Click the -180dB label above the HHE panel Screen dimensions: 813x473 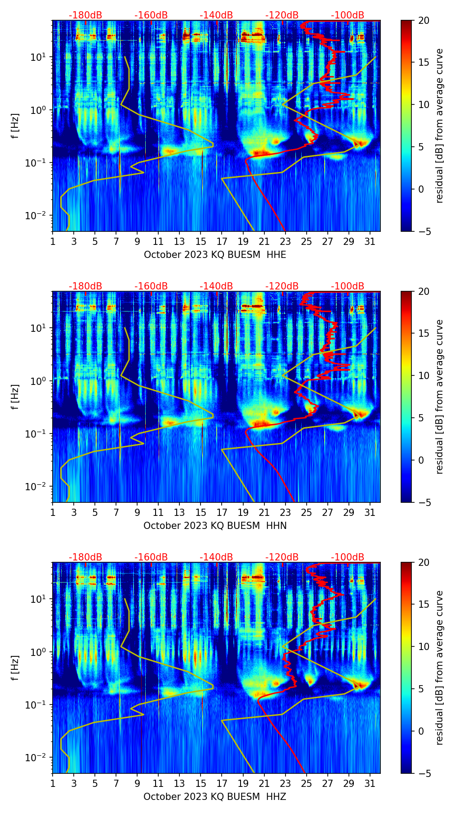click(85, 15)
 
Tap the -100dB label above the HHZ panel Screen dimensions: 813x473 click(348, 557)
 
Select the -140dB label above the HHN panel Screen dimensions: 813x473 click(216, 286)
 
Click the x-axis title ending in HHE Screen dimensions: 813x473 click(215, 255)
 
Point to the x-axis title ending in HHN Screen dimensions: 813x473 click(215, 526)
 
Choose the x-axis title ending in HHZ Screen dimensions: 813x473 click(215, 797)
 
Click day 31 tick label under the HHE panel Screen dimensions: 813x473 click(370, 242)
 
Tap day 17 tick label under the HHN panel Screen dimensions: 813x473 click(222, 513)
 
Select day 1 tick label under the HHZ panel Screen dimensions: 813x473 click(53, 784)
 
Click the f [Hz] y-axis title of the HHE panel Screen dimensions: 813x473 click(15, 126)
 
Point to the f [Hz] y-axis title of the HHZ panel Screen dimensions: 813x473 click(15, 668)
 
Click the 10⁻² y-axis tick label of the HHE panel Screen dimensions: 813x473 click(36, 216)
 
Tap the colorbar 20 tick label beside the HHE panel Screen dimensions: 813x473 click(424, 21)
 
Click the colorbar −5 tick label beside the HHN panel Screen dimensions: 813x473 click(424, 502)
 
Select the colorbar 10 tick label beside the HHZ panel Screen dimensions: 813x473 click(424, 647)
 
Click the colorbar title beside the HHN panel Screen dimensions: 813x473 click(440, 397)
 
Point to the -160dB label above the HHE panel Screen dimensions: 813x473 click(151, 15)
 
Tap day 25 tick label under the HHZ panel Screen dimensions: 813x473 click(307, 784)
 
